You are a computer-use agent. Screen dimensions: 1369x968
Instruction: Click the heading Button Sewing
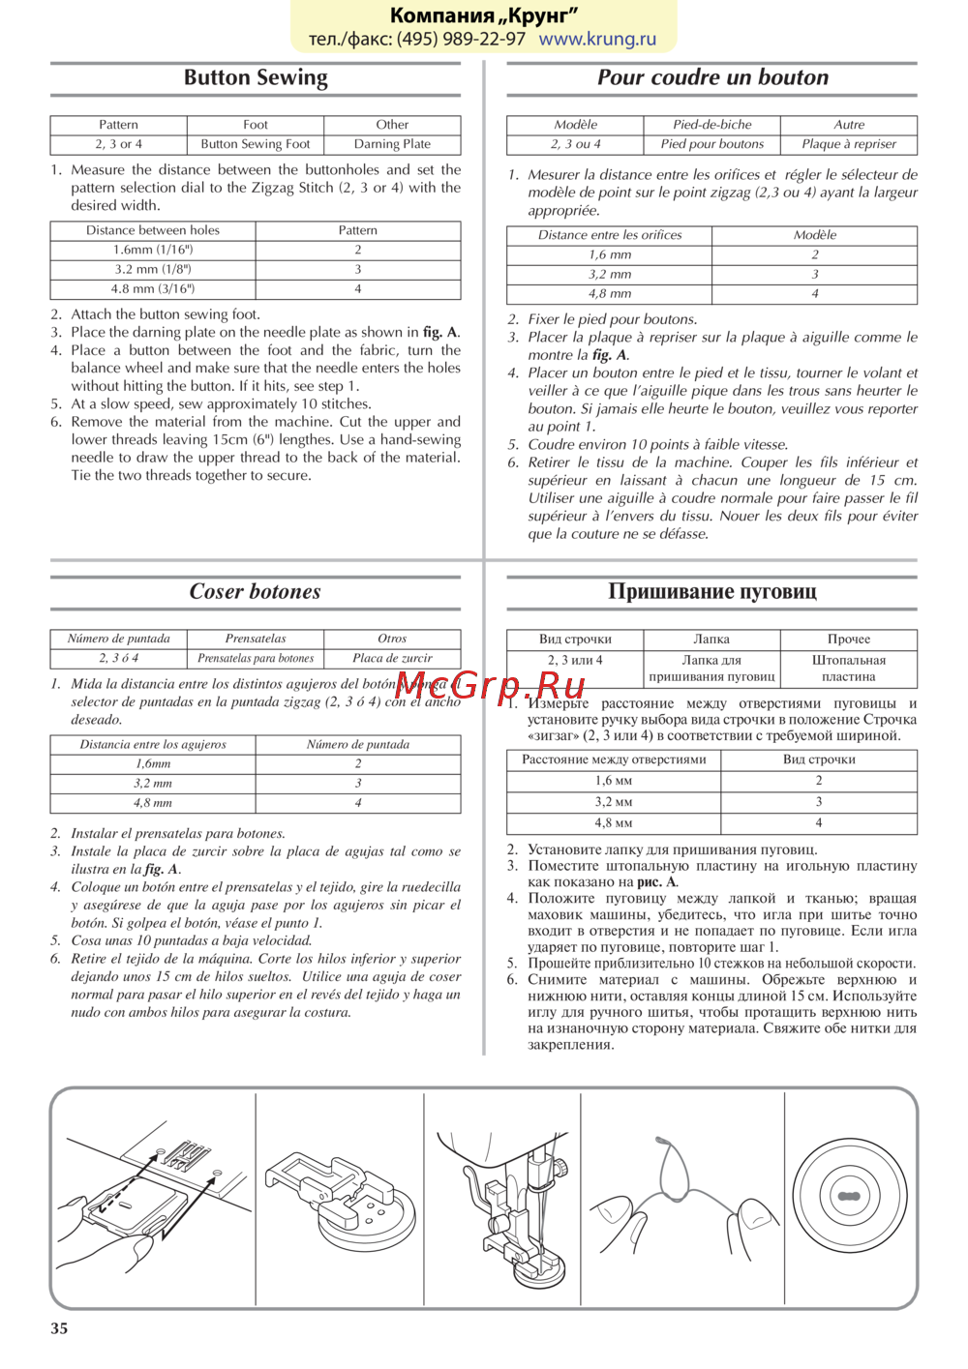256,78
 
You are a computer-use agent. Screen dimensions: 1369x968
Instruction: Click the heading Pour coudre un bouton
712,78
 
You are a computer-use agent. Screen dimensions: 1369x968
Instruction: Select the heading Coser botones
255,592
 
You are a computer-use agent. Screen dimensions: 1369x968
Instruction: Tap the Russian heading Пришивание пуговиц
712,592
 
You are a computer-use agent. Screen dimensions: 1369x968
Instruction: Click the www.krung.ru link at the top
597,40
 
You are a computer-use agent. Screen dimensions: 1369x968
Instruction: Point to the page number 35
59,1328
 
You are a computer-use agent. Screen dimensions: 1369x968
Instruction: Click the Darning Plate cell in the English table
392,144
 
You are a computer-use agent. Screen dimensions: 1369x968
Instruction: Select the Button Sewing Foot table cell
256,144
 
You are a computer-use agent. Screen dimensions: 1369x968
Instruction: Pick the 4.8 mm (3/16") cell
153,288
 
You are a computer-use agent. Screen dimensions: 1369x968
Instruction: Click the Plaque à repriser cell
849,144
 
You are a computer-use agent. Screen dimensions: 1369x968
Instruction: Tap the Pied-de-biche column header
712,125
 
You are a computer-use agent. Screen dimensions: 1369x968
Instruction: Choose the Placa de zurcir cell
392,658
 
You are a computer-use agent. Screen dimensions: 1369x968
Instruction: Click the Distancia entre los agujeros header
153,745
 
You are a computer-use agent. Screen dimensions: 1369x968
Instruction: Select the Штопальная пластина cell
849,669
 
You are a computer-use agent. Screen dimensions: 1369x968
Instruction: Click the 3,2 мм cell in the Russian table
614,802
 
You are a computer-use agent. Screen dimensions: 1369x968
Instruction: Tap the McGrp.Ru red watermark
491,687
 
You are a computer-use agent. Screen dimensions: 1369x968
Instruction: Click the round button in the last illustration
849,1197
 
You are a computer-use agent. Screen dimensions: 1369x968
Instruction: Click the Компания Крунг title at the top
484,15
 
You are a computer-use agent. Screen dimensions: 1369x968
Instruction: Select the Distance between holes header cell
153,230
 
